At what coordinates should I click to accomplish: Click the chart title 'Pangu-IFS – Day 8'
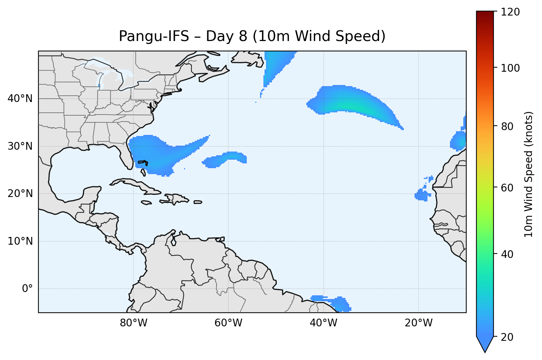[252, 36]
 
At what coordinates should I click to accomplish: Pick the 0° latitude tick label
[27, 289]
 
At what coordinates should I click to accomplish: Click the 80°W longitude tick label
[133, 323]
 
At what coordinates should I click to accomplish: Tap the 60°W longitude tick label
[228, 323]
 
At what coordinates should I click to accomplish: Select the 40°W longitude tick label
[323, 323]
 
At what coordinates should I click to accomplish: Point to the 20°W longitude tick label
[418, 323]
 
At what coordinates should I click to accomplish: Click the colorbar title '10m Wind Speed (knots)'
[529, 174]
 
